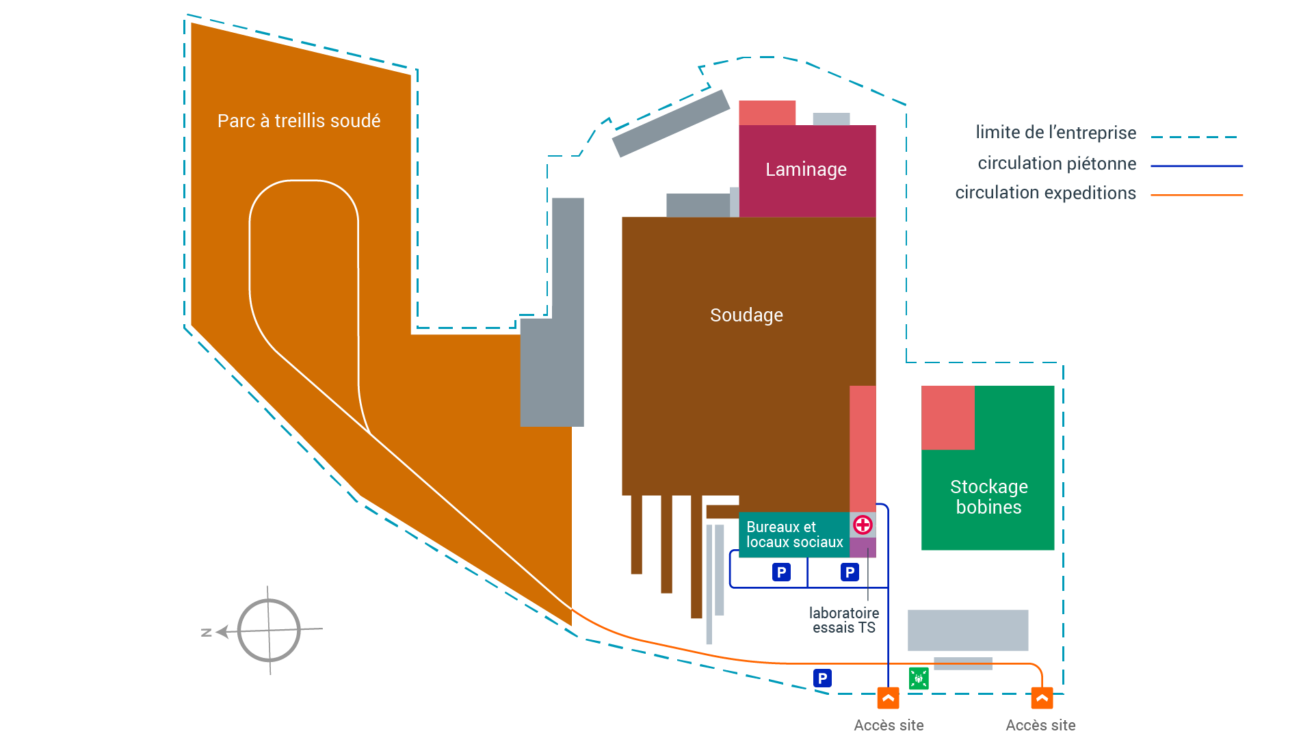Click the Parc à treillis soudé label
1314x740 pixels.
click(299, 121)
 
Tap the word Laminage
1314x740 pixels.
click(806, 170)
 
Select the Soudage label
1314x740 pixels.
click(746, 315)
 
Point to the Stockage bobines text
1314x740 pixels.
click(988, 497)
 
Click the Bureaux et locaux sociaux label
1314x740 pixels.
click(794, 535)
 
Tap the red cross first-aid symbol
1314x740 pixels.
click(863, 525)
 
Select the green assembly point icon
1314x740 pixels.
click(919, 678)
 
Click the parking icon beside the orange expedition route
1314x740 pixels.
click(822, 678)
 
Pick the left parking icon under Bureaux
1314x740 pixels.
click(781, 572)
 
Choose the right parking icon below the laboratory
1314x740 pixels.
click(850, 572)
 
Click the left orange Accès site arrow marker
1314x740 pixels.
click(888, 699)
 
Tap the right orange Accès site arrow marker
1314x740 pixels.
click(1042, 699)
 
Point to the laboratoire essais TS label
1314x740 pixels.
click(844, 620)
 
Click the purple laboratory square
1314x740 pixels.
click(863, 547)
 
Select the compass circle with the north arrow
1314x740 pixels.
click(269, 631)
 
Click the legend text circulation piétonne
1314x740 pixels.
click(1057, 164)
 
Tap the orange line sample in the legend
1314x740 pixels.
click(1196, 195)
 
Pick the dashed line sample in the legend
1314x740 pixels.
click(1194, 137)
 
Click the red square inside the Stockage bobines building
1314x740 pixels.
click(947, 418)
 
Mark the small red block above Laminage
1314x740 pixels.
click(767, 113)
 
